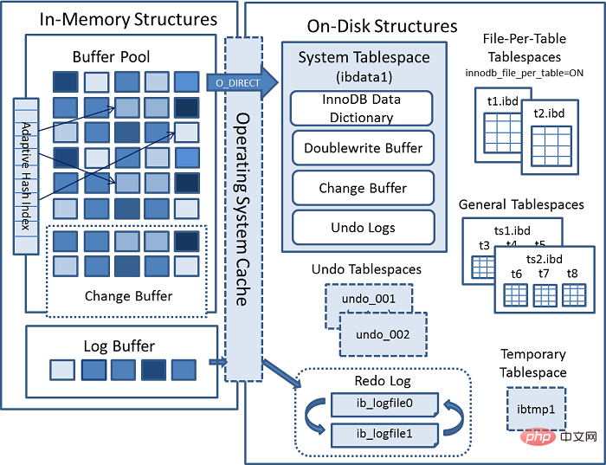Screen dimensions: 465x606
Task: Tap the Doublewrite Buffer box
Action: [x=362, y=148]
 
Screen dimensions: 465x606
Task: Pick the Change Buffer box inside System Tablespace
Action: [x=362, y=188]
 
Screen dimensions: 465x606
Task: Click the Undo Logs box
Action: [x=362, y=228]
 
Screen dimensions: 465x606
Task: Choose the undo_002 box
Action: [x=382, y=334]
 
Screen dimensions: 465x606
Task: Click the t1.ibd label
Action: [x=503, y=101]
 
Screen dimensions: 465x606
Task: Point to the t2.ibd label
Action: [x=549, y=113]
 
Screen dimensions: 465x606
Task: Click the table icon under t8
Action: [x=571, y=295]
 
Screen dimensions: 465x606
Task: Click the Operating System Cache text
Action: [x=243, y=208]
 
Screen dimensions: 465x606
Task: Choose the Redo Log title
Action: [x=382, y=381]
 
